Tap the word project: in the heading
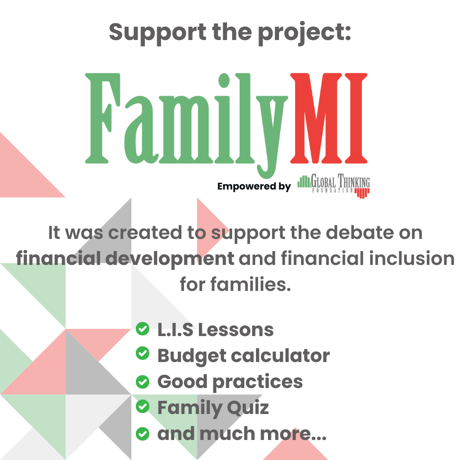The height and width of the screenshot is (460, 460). coord(304,33)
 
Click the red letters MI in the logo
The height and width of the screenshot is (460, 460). coord(328,118)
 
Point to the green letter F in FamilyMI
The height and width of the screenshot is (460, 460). coord(103,118)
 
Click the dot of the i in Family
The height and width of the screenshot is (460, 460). coord(224,80)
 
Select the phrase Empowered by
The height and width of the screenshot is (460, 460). coord(254,187)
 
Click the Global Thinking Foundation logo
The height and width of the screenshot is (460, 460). coord(333,186)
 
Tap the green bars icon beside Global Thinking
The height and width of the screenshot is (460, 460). coord(304,181)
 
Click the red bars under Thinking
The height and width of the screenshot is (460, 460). coord(362,193)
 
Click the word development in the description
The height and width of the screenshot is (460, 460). coord(170,259)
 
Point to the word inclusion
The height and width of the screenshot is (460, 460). coord(411,258)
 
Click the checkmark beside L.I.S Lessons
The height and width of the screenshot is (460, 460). coord(143,328)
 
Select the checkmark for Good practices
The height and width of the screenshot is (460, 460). coord(143,382)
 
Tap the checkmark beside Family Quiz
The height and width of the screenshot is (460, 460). coord(143,406)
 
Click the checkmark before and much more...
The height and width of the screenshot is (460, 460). coord(143,434)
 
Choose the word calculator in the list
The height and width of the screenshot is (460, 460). coord(280,356)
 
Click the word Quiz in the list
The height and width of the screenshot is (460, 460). coord(247,408)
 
